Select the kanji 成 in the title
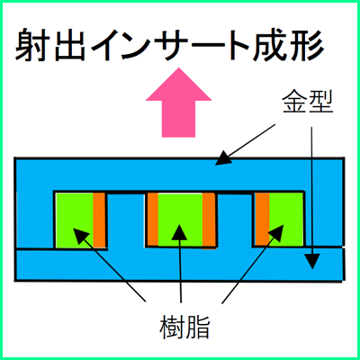[270, 44]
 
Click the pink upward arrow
[179, 103]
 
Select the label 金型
[308, 102]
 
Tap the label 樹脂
[184, 327]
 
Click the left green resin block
[75, 220]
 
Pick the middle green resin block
[180, 220]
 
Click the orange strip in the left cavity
[99, 220]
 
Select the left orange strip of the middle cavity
[153, 220]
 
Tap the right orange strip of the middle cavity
[209, 221]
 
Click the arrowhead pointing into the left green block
[80, 236]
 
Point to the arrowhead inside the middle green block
[179, 232]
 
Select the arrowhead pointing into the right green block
[276, 232]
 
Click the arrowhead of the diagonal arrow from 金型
[224, 158]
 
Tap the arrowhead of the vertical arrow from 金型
[312, 262]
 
